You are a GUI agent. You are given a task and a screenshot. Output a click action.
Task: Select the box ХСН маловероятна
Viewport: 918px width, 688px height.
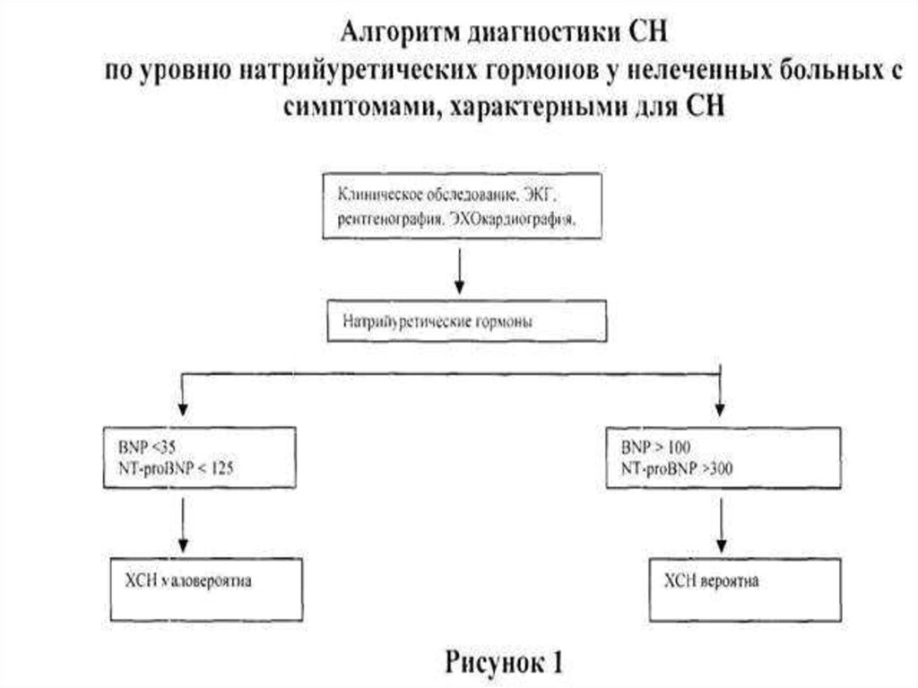204,588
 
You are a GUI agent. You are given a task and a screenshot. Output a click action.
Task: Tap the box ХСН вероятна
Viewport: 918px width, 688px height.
744,588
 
